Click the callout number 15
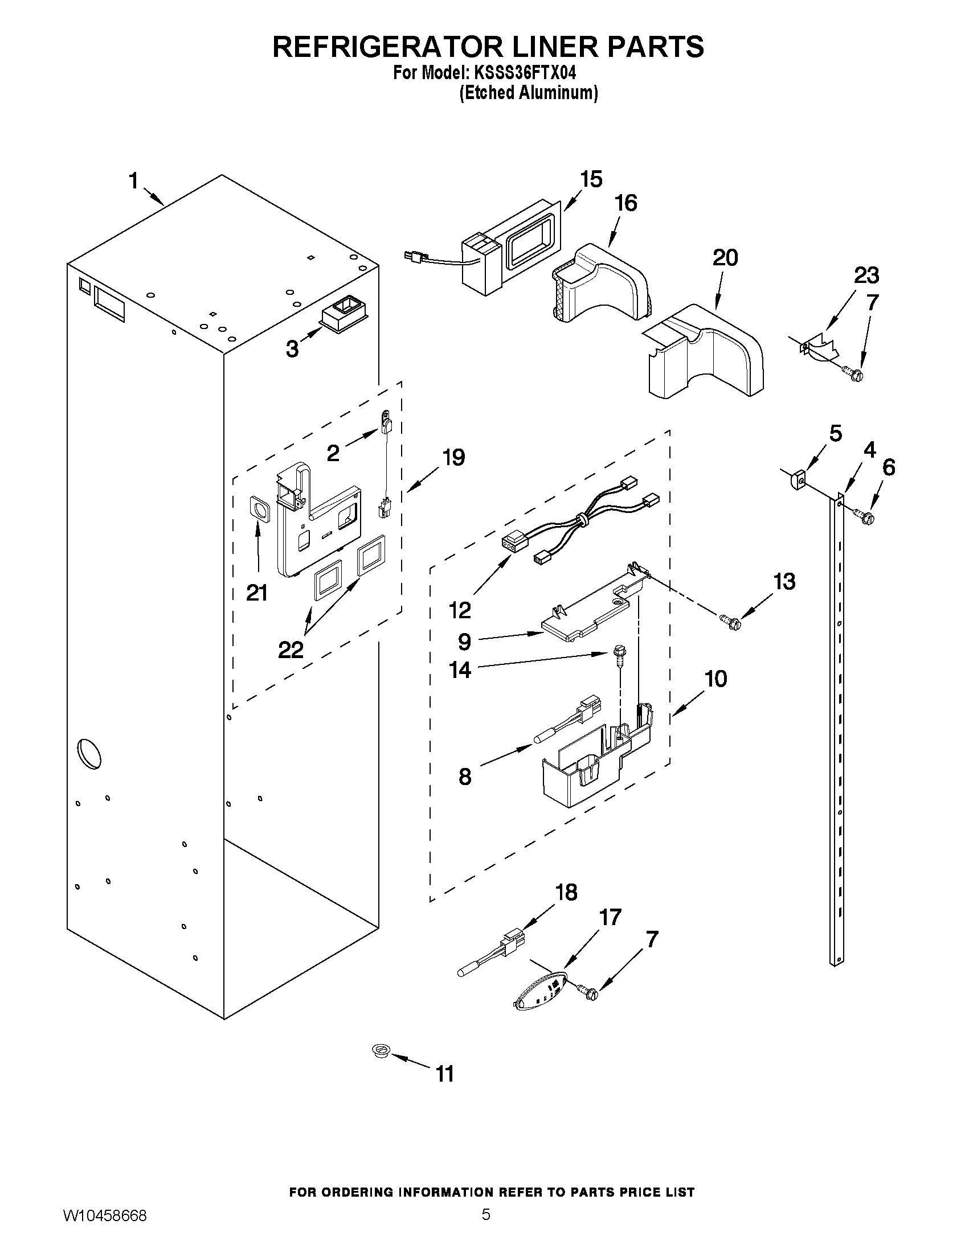coord(591,179)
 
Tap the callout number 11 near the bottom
coord(445,1073)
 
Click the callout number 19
coord(453,457)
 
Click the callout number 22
coord(291,650)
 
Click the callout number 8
coord(464,777)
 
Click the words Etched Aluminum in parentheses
coord(529,93)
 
